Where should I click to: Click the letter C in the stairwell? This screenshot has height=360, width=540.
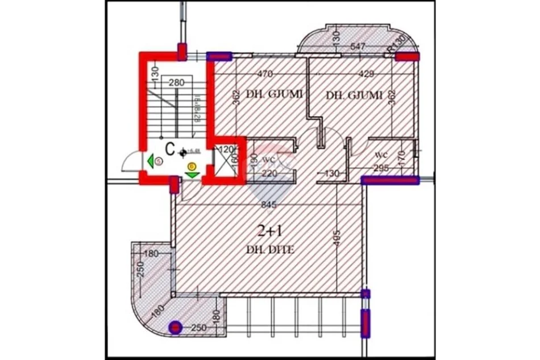(169, 149)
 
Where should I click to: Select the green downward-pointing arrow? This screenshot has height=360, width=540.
(192, 173)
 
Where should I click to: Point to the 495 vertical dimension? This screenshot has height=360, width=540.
(336, 235)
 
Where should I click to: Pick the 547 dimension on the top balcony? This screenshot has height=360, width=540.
(358, 47)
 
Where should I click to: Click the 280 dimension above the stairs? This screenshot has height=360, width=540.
(177, 82)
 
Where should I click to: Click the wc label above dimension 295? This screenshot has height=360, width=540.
(380, 154)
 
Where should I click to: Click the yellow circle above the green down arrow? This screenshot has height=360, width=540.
(192, 165)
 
